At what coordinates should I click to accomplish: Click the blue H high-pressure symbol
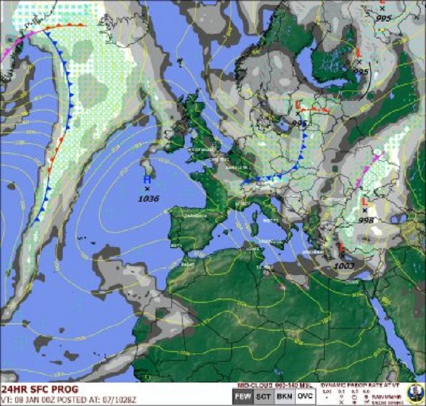coord(146,180)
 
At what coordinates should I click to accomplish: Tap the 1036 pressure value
coord(149,199)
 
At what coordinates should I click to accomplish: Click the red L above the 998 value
coord(365,202)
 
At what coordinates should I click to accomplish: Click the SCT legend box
coord(259,397)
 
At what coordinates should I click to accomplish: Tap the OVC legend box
coord(304,397)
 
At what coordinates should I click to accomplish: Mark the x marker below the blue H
coord(147,189)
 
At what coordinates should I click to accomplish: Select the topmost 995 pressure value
coord(383,18)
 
